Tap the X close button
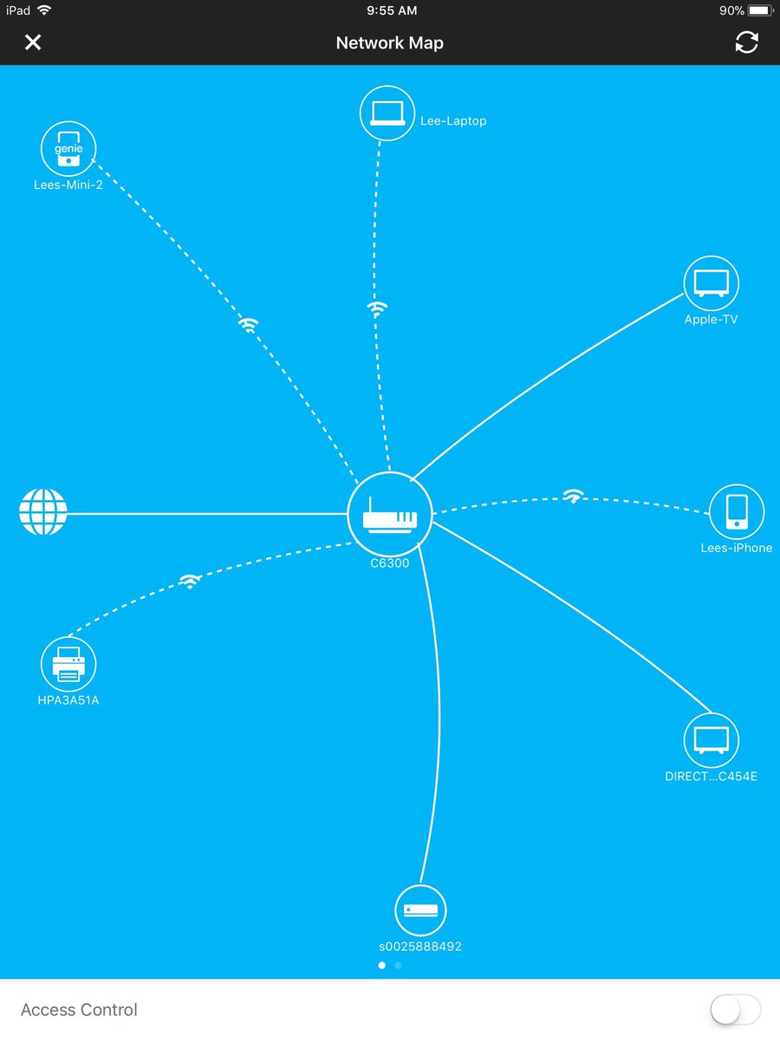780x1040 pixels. click(33, 42)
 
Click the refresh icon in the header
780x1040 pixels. click(746, 42)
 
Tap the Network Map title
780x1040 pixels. click(390, 42)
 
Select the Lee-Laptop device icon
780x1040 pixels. click(387, 113)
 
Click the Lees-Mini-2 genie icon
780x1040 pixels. click(68, 149)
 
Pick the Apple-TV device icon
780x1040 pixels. click(712, 283)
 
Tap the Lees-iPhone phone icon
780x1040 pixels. click(737, 512)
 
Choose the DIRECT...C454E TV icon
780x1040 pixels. click(712, 741)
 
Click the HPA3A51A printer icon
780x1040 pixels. click(68, 666)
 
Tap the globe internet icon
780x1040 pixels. click(43, 512)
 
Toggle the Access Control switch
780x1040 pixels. click(735, 1010)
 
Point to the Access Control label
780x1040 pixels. click(79, 1010)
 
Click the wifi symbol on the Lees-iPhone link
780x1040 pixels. click(573, 496)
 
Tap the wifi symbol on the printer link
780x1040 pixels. click(190, 582)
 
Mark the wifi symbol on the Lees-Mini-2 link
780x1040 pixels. click(249, 325)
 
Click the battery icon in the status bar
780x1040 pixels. click(759, 10)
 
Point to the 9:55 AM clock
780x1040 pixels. click(392, 10)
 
